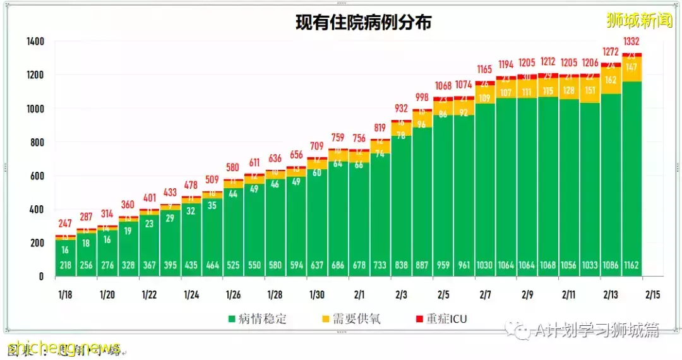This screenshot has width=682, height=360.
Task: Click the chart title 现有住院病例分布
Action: (x=364, y=23)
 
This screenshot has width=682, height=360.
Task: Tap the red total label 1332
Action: (x=632, y=42)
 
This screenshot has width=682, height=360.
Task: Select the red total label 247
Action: (x=66, y=224)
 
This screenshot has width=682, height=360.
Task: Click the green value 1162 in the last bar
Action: (x=632, y=265)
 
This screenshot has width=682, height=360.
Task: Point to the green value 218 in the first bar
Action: (x=66, y=265)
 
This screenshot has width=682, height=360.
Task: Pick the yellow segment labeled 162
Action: (x=611, y=80)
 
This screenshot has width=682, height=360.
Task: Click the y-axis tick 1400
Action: (x=36, y=42)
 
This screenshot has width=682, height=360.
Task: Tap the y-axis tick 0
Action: (x=41, y=277)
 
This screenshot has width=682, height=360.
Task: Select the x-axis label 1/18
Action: (x=66, y=295)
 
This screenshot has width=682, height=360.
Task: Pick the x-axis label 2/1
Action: (x=359, y=295)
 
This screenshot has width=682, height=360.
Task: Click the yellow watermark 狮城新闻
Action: (x=639, y=21)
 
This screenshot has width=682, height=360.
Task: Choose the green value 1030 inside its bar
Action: (x=485, y=265)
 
